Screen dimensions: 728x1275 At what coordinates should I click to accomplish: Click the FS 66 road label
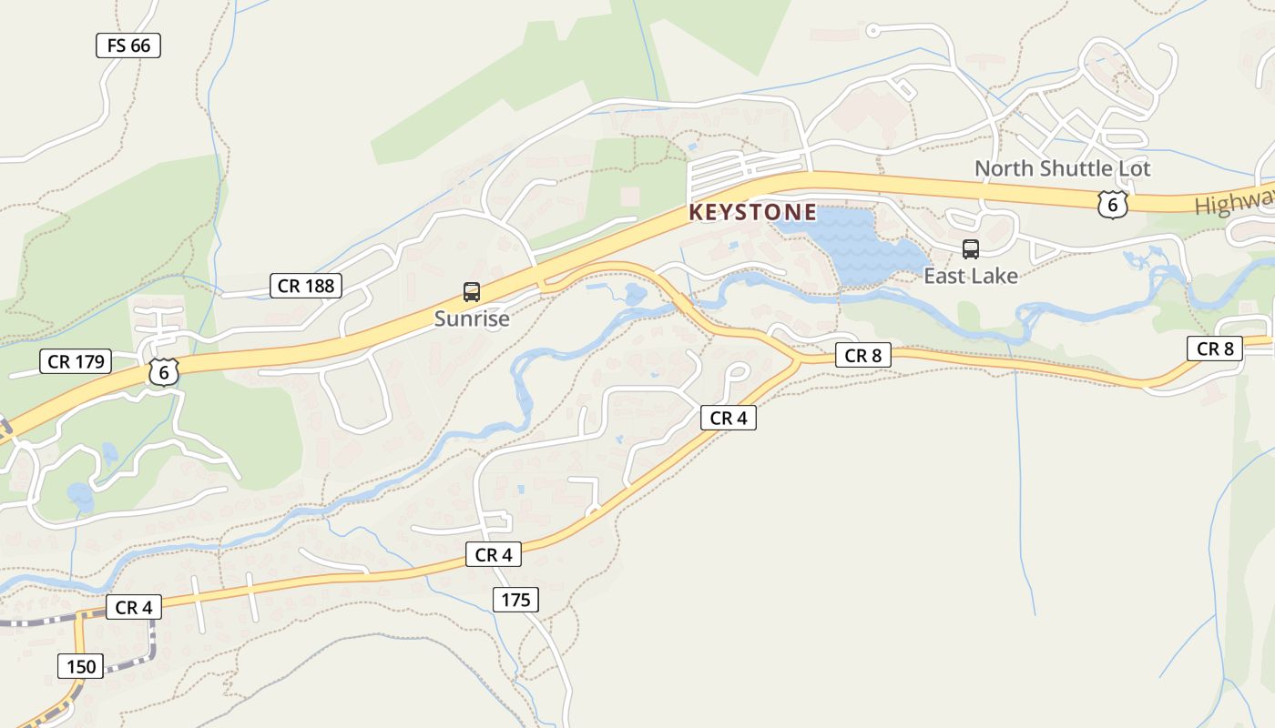128,45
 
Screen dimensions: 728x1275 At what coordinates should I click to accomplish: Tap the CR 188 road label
306,286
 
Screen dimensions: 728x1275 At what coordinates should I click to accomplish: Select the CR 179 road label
76,361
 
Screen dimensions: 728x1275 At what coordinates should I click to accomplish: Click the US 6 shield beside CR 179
163,371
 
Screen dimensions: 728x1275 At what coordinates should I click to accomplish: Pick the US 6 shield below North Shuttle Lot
1112,204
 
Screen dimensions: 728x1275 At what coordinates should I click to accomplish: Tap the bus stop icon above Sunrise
471,292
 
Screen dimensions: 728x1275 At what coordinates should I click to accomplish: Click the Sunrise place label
471,318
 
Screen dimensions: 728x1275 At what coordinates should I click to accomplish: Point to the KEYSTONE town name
752,212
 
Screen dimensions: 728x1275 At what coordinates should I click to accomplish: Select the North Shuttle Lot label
1062,168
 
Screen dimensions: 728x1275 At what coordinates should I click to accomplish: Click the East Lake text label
970,276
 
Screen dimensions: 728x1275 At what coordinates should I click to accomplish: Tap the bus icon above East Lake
971,249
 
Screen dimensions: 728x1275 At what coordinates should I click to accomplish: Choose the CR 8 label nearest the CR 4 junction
862,356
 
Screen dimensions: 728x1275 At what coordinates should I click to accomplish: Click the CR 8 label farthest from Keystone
1214,349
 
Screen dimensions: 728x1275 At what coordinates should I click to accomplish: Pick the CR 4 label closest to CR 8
728,418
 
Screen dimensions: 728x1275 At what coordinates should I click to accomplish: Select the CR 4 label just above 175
494,554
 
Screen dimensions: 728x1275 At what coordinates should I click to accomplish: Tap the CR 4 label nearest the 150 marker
133,607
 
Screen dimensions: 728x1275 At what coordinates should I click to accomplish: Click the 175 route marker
515,600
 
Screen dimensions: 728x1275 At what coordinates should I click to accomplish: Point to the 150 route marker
80,666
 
